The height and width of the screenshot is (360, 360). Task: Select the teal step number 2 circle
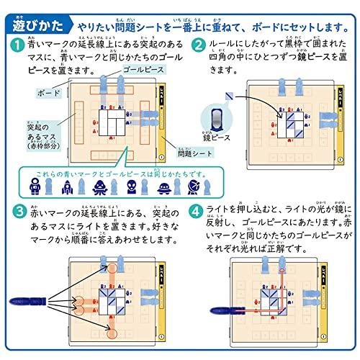(x=199, y=45)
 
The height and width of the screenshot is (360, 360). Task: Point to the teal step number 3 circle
(x=16, y=215)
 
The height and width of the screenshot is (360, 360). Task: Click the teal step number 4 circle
(x=199, y=215)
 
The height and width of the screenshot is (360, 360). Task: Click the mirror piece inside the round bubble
(x=216, y=118)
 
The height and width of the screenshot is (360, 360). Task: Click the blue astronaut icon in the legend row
(x=33, y=188)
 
